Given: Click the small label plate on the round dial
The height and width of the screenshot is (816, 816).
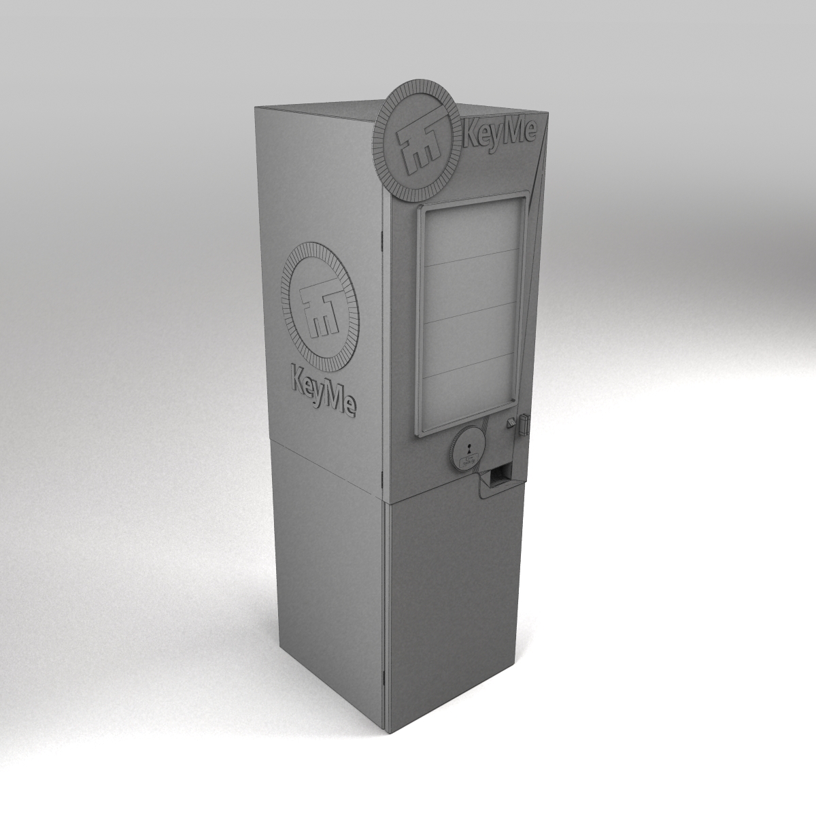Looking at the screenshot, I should click(x=468, y=463).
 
